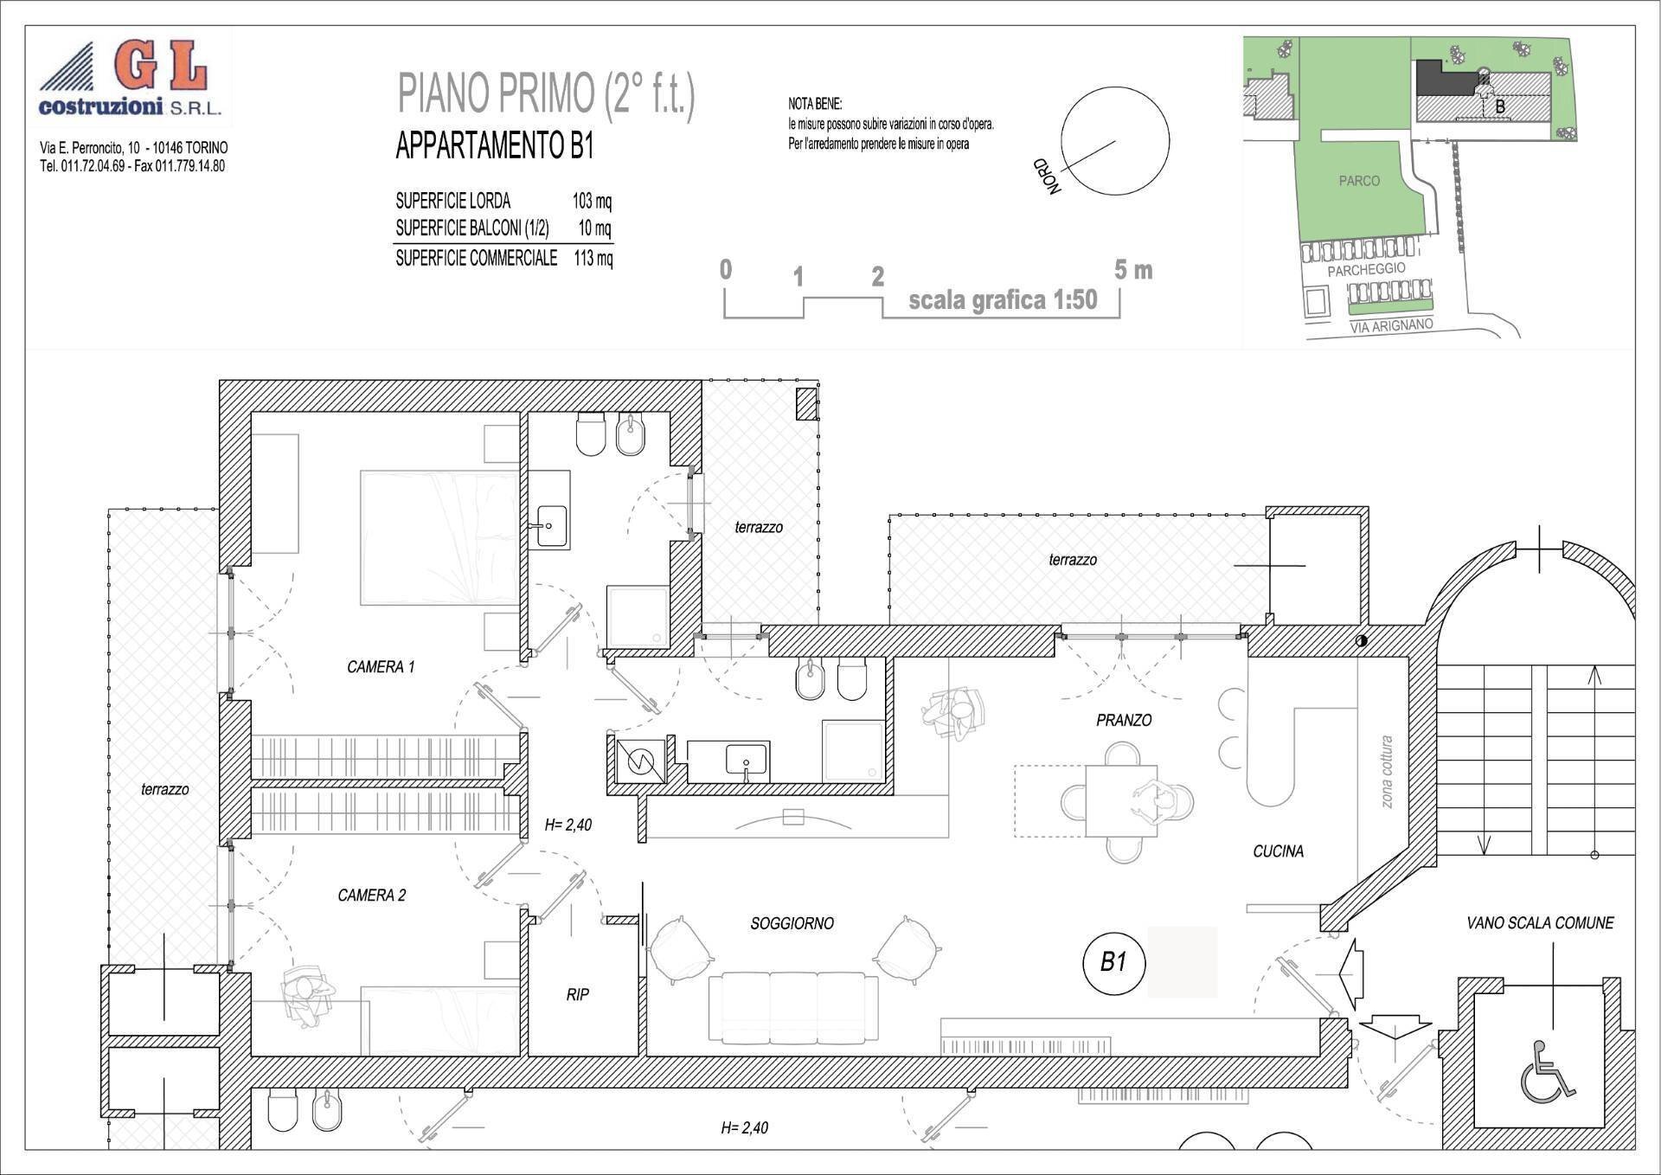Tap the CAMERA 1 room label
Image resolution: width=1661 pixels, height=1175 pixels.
coord(381,667)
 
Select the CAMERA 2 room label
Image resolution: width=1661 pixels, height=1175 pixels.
coord(371,896)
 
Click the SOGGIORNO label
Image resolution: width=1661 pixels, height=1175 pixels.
coord(792,924)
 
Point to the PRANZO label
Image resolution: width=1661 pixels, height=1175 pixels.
coord(1124,720)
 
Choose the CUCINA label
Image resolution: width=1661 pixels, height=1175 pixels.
coord(1278,851)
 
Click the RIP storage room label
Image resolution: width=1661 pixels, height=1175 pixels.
coord(578,995)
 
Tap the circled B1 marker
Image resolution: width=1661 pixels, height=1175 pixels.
coord(1113,962)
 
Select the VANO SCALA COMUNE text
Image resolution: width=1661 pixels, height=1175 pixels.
coord(1540,923)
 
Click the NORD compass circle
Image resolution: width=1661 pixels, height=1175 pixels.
coord(1115,140)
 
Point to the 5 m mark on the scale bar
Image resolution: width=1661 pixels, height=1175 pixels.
coord(1132,271)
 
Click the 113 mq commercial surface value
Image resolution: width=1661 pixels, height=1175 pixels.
coord(593,258)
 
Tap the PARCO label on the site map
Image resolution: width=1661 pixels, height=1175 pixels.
coord(1359,181)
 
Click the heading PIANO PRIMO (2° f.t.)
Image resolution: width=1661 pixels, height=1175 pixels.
coord(546,94)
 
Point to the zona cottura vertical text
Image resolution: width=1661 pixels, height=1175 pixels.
coord(1387,772)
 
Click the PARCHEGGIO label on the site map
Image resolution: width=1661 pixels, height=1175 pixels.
coord(1366,270)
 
